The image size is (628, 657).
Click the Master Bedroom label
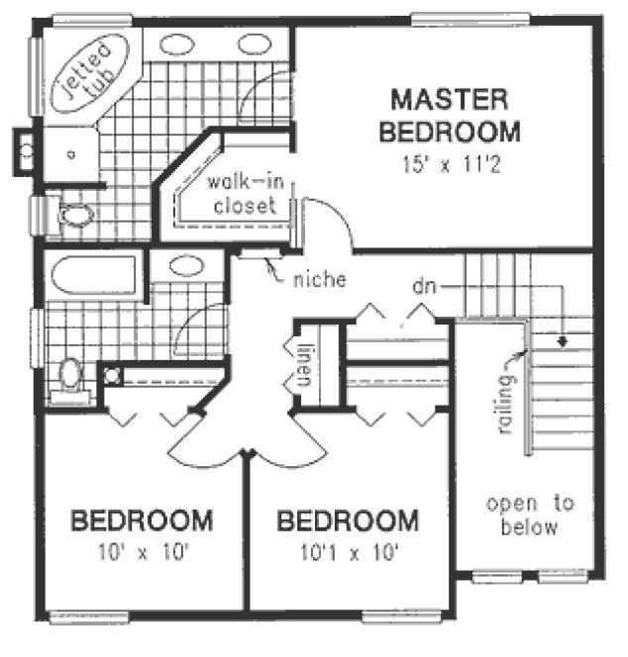[x=451, y=115]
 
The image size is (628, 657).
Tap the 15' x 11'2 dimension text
[x=451, y=164]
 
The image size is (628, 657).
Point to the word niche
[x=319, y=280]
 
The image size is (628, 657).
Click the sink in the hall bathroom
[x=185, y=265]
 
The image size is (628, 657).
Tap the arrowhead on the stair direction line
[x=562, y=341]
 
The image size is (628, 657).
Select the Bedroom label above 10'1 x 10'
[x=349, y=519]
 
